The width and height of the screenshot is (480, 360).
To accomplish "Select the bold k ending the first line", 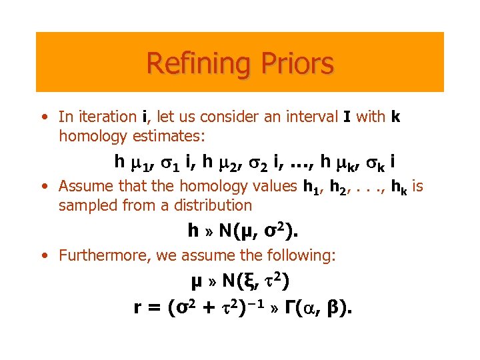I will tap(395, 117).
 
